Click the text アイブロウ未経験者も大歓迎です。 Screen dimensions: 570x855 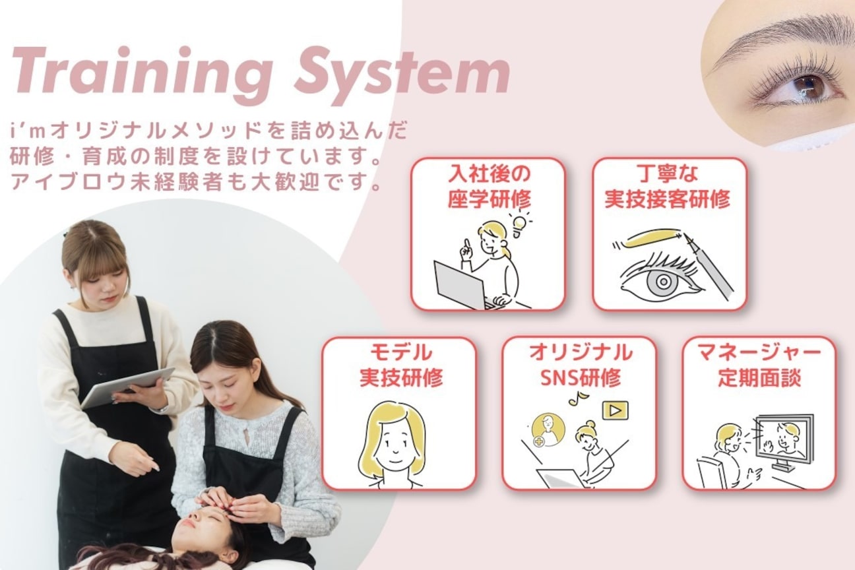click(x=197, y=181)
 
